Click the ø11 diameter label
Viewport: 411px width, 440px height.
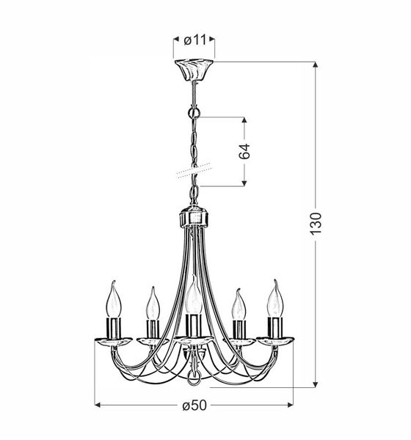195,40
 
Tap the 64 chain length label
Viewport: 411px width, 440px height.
244,151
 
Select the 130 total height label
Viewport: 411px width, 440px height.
315,224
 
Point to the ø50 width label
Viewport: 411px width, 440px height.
194,406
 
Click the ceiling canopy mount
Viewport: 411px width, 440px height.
194,70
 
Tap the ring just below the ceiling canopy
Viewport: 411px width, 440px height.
194,113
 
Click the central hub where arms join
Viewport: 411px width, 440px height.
194,217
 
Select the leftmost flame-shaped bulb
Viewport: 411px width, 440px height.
114,299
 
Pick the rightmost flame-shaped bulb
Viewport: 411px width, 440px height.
275,298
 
